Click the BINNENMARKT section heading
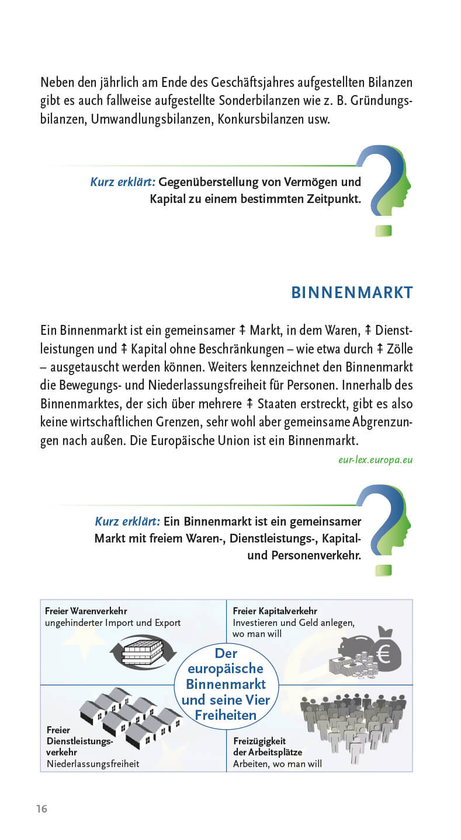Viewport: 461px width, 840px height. tap(352, 292)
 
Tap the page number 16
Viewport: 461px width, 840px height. tap(41, 808)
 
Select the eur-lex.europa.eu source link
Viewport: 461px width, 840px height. tap(375, 460)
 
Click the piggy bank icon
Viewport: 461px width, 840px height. tap(356, 647)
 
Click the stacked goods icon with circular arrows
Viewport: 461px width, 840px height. tap(143, 650)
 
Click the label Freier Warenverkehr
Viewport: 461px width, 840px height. tap(86, 611)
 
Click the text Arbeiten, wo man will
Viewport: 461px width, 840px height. tap(277, 764)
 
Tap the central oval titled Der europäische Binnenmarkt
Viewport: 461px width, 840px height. tap(226, 684)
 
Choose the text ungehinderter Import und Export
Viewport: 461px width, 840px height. tap(113, 622)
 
